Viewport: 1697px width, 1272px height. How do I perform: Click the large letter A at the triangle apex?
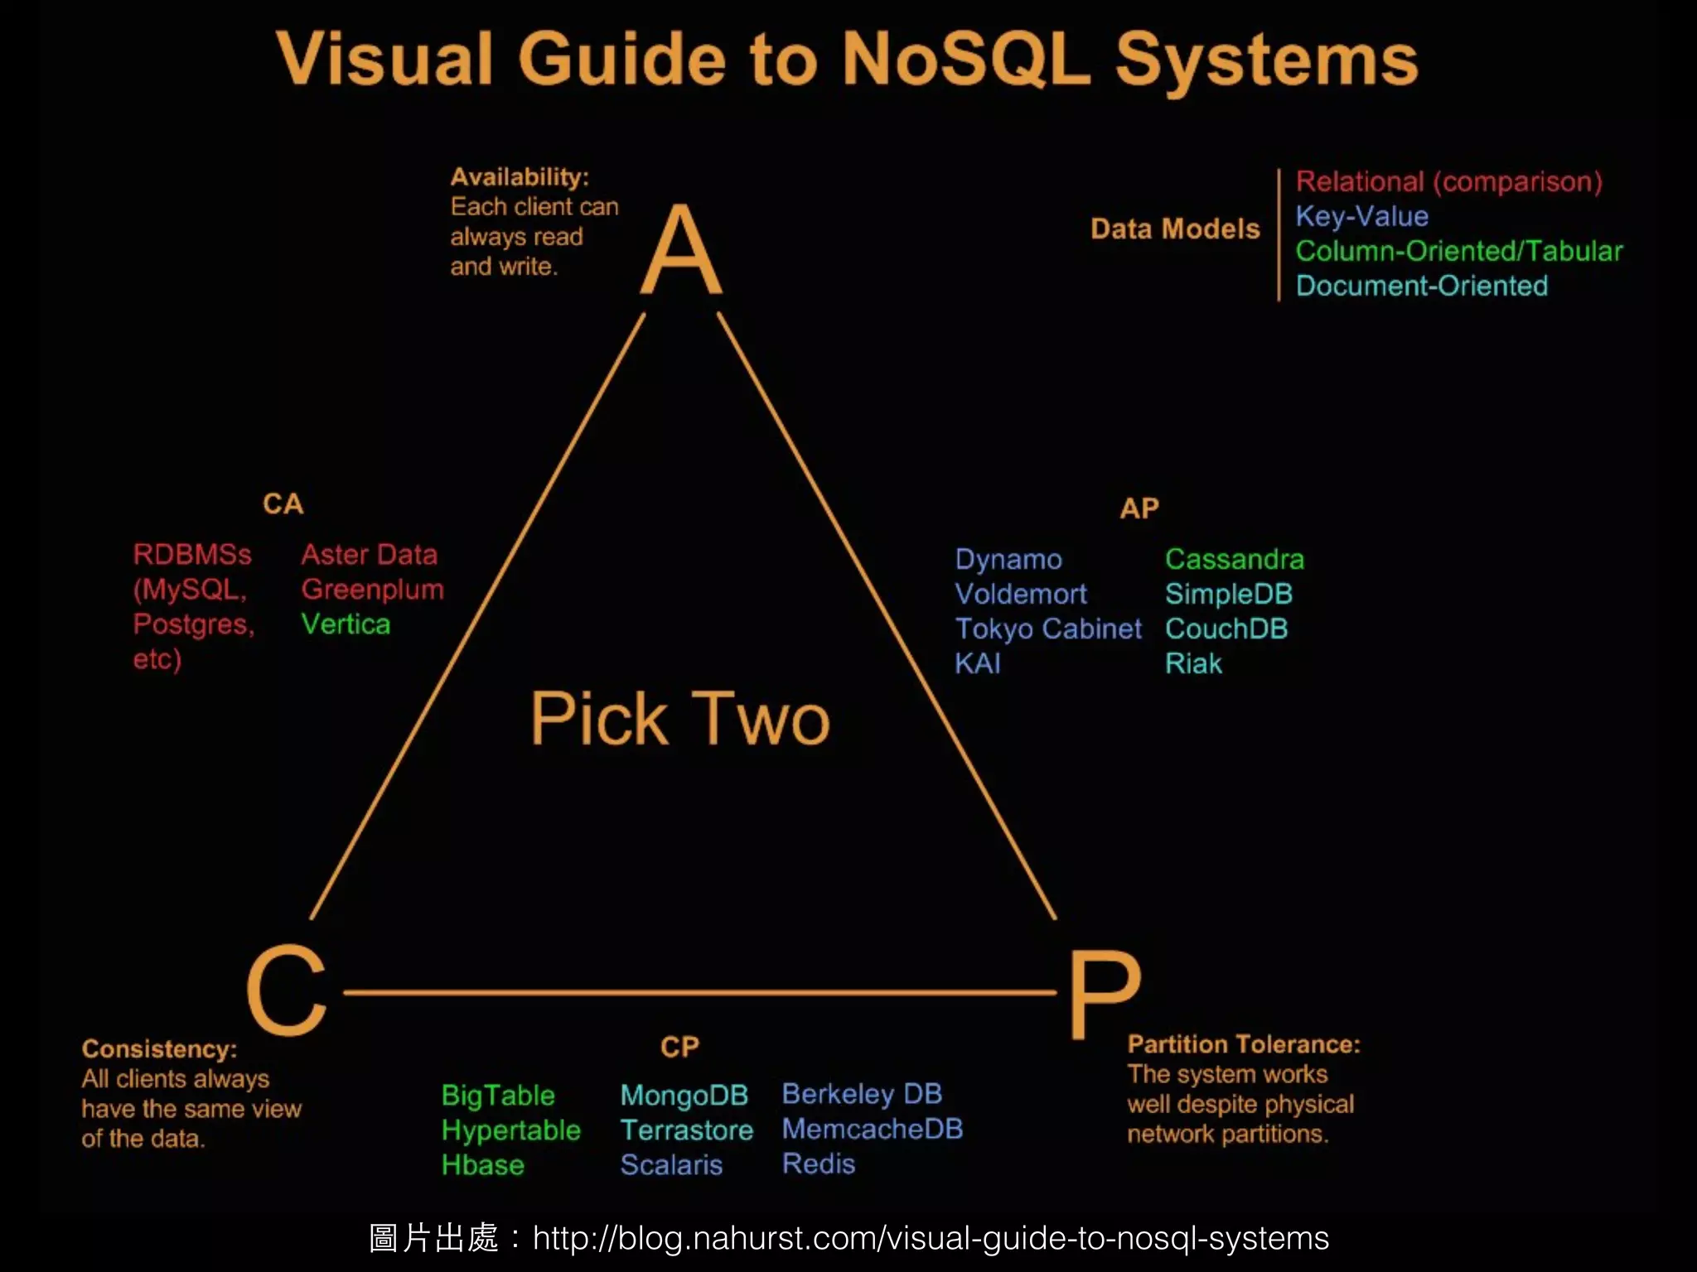(x=681, y=250)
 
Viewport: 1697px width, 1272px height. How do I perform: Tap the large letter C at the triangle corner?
(x=287, y=990)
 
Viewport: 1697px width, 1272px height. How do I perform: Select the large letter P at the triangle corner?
(x=1104, y=994)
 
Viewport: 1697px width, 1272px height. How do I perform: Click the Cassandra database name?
(x=1234, y=560)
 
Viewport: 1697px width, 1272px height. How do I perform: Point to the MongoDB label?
(x=684, y=1096)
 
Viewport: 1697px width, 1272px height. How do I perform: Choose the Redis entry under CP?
(x=818, y=1164)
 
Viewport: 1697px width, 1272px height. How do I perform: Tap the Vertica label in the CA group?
(x=345, y=624)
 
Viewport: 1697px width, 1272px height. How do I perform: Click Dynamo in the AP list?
(x=1008, y=560)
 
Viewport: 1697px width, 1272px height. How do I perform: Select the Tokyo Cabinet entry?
(x=1047, y=629)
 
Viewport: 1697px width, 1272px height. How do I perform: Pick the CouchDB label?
(x=1226, y=629)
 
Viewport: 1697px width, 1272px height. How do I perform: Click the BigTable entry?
(x=497, y=1096)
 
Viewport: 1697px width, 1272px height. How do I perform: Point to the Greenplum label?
(x=372, y=590)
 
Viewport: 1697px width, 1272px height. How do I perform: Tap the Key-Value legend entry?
(x=1361, y=217)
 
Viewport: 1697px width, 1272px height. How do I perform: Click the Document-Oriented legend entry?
(x=1421, y=287)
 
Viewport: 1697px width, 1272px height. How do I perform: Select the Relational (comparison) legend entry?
(x=1448, y=182)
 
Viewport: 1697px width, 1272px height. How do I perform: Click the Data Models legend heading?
(x=1174, y=229)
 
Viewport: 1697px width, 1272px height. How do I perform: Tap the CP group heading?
(x=679, y=1048)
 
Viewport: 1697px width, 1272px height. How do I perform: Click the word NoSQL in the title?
(x=965, y=60)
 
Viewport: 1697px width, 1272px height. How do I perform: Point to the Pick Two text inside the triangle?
(x=679, y=719)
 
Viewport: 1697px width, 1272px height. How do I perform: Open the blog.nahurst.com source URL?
(x=930, y=1239)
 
